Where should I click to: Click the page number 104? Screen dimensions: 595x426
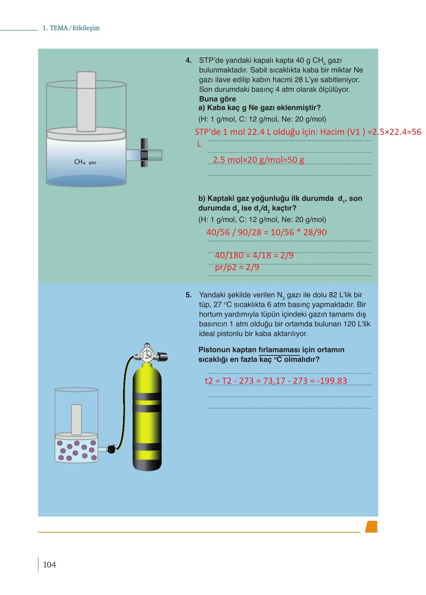pos(49,565)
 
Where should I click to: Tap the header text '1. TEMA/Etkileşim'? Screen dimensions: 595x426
pos(71,28)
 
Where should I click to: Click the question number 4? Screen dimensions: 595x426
pos(188,61)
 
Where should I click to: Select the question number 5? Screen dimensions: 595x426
pos(188,295)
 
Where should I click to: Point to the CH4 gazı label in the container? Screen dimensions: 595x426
pos(85,162)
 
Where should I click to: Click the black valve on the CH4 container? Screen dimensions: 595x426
pos(144,153)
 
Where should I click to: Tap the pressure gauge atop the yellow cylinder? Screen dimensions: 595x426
pos(148,354)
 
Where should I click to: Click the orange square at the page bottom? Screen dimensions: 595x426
pos(371,526)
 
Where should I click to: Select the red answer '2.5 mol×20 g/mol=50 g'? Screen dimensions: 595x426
pos(258,160)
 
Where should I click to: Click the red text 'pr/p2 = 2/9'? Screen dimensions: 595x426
pos(237,267)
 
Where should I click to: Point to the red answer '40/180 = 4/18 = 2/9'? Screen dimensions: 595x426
pos(254,255)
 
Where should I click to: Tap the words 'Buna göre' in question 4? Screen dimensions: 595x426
pos(217,99)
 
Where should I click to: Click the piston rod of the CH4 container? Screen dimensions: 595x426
pos(86,101)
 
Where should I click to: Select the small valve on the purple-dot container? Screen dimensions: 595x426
pos(111,449)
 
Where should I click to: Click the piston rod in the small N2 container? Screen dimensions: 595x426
pos(76,420)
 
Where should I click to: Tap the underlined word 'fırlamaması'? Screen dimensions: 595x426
pos(279,350)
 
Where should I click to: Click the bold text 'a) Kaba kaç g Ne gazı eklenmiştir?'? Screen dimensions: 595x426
pos(259,108)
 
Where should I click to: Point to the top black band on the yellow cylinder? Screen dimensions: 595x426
pos(147,396)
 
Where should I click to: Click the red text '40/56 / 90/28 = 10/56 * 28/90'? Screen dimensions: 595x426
pos(266,232)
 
